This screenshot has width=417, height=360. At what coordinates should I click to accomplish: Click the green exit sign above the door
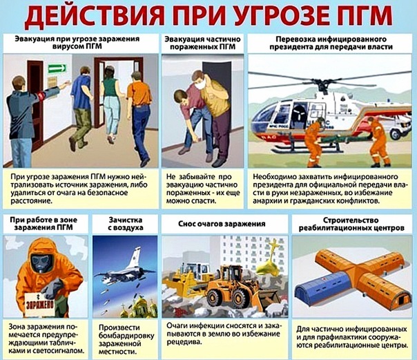coord(57,68)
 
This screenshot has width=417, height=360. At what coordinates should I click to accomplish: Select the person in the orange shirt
coord(139,104)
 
